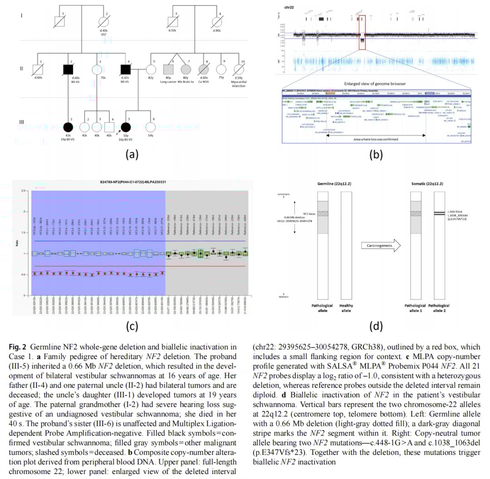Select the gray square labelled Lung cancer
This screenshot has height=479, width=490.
[168, 70]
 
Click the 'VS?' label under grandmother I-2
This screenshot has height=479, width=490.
[105, 34]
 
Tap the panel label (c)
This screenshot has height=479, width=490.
[132, 325]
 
